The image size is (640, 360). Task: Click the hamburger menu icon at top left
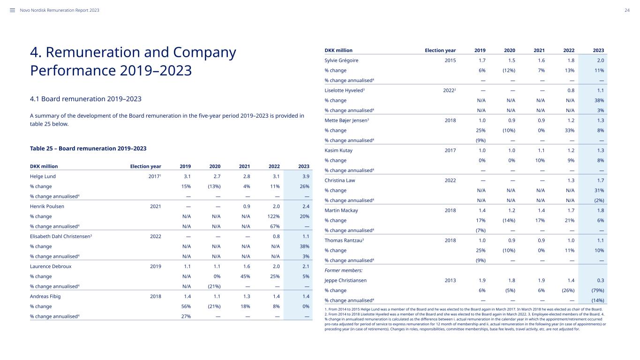12,10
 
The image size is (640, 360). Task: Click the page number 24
627,10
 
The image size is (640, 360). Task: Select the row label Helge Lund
43,176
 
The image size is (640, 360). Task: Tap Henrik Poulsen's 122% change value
273,216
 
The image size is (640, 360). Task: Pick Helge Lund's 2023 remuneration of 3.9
306,176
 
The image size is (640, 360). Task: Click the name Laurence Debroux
51,266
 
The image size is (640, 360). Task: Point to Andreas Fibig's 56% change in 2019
186,306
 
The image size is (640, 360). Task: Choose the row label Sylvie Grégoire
341,60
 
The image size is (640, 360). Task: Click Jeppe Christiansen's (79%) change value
598,290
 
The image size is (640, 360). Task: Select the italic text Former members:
343,270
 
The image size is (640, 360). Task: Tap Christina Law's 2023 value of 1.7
601,180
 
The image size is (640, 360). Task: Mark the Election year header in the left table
145,166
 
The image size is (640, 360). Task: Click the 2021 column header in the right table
539,50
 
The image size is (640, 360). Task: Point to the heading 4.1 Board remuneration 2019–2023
86,99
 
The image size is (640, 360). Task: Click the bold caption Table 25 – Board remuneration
73,148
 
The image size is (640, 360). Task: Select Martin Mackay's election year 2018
450,210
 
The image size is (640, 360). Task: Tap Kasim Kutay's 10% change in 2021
540,160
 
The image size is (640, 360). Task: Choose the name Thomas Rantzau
343,240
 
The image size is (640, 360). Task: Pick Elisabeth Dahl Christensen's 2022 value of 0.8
276,236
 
